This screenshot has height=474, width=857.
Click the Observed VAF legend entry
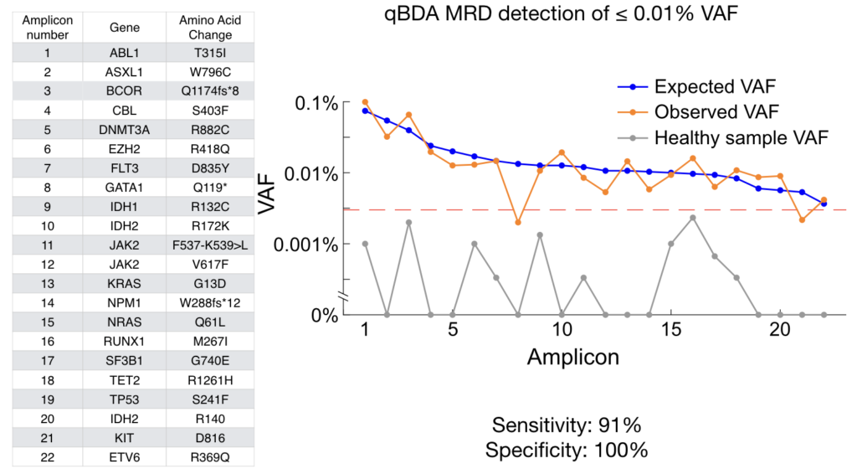point(716,111)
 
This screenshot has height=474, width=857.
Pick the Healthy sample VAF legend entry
point(741,137)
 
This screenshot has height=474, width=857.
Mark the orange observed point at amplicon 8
point(518,223)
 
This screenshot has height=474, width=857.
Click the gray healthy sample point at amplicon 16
point(693,217)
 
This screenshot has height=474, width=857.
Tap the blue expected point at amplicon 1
point(365,111)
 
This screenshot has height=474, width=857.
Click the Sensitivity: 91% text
point(567,425)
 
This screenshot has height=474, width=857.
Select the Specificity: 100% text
point(567,450)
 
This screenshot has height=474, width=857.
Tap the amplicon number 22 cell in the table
point(48,458)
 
